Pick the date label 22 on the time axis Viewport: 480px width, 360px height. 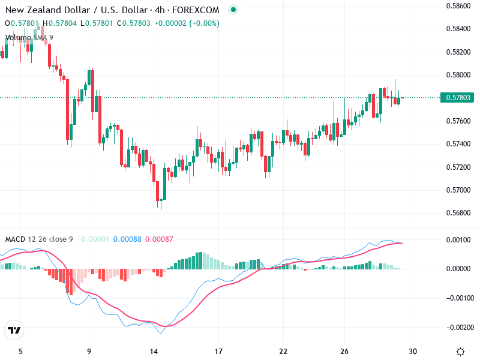coord(284,351)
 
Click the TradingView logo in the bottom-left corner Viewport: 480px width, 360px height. coord(14,331)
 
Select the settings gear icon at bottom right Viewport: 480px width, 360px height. coord(460,352)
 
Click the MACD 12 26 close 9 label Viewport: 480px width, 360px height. coord(39,239)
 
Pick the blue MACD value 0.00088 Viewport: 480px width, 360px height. coord(127,239)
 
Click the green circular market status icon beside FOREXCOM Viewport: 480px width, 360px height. coord(233,10)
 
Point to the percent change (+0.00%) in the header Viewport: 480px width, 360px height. coord(205,23)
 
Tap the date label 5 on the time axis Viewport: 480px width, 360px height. coord(21,351)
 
